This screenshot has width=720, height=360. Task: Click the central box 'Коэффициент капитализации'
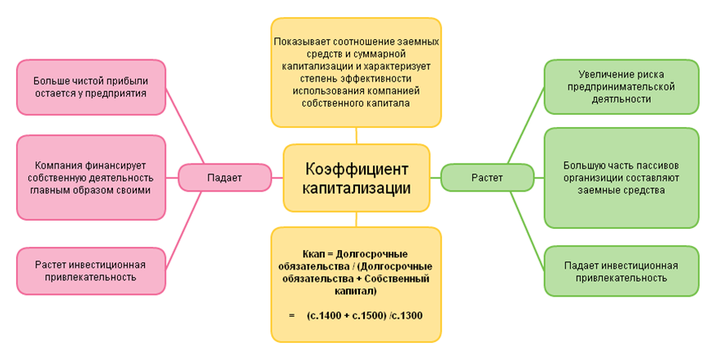(x=356, y=177)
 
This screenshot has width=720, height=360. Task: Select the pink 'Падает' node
(x=225, y=177)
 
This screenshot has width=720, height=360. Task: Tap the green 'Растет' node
(x=487, y=178)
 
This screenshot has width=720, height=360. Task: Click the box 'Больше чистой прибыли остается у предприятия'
(x=91, y=85)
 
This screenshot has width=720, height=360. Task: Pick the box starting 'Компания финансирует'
(x=91, y=177)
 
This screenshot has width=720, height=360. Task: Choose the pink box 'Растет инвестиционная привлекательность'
(x=91, y=270)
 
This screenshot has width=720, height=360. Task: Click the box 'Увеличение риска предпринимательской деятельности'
(x=621, y=85)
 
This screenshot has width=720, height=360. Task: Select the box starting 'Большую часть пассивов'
(x=621, y=177)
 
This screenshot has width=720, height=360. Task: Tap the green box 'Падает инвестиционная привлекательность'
(x=621, y=270)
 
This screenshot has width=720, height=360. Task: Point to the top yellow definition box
(x=356, y=73)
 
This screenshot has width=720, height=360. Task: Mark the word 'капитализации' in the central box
(x=356, y=187)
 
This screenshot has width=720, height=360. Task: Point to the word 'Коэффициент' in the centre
(x=356, y=167)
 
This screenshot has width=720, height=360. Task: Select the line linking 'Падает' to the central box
(x=277, y=177)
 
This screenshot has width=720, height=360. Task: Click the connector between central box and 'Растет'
(x=435, y=178)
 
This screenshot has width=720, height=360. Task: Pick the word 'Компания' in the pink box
(x=57, y=165)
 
